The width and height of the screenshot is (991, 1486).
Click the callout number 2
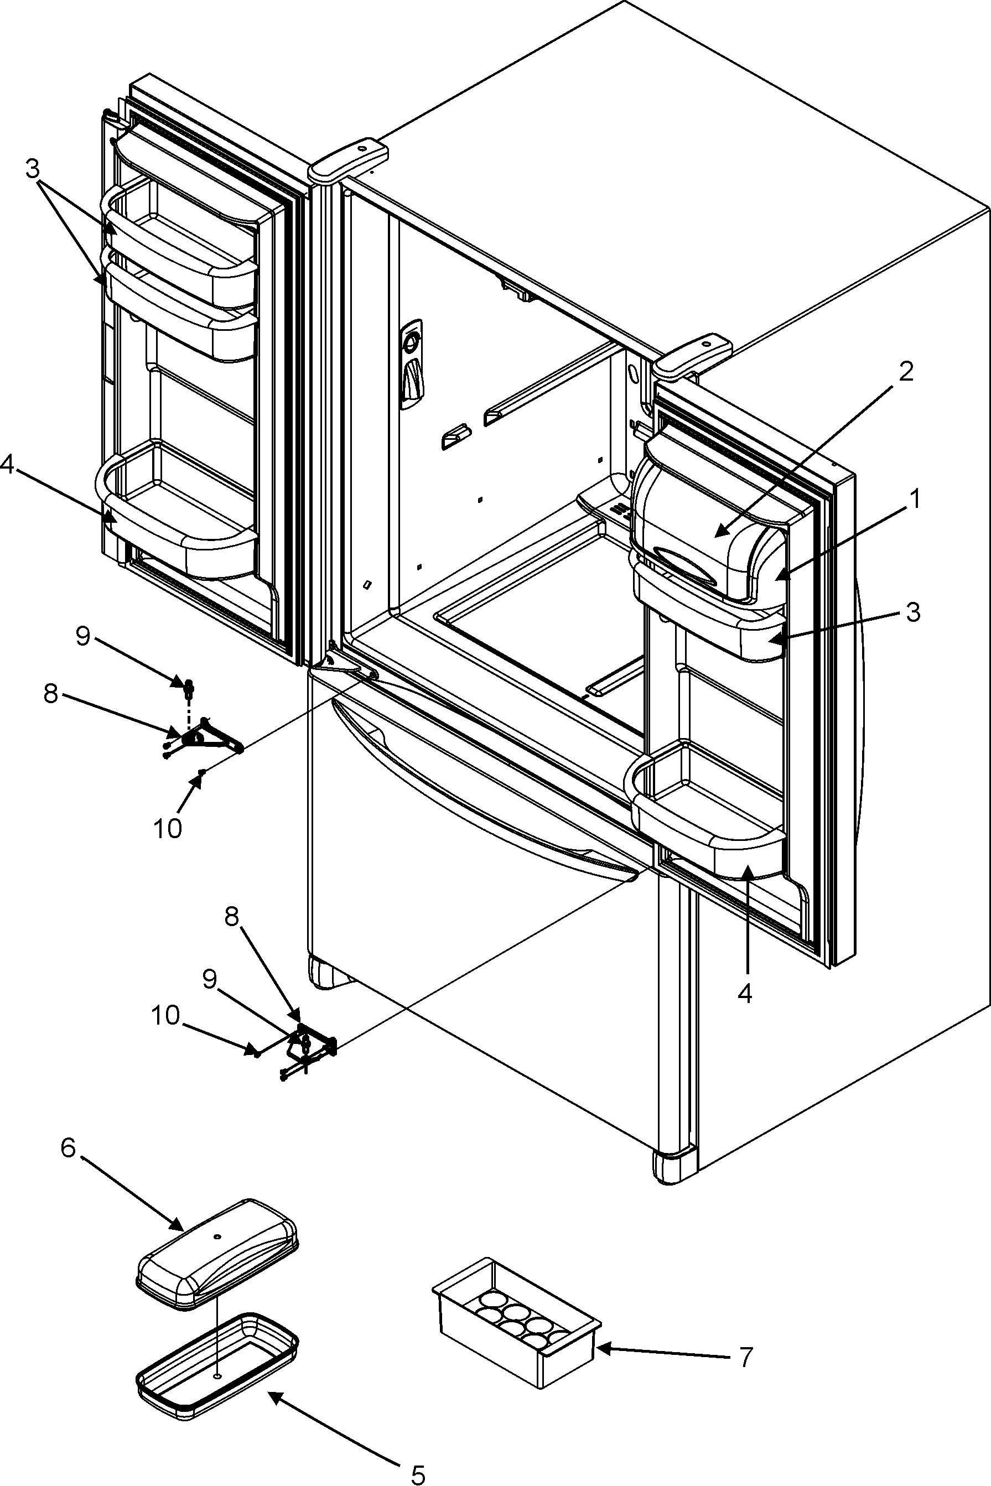tap(906, 373)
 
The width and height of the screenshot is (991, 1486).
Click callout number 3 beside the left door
tap(33, 169)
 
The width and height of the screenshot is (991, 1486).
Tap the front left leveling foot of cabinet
tap(323, 973)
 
